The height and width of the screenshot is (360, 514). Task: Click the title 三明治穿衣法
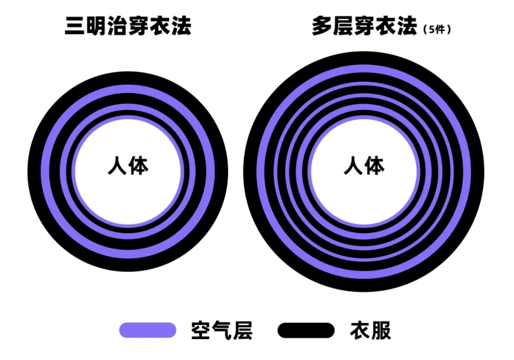pyautogui.click(x=128, y=26)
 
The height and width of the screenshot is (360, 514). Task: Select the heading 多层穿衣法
pyautogui.click(x=364, y=26)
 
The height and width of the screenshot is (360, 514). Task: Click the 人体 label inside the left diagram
pyautogui.click(x=128, y=165)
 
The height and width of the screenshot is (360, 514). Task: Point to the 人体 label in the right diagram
pyautogui.click(x=364, y=165)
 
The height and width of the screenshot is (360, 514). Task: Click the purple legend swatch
pyautogui.click(x=148, y=330)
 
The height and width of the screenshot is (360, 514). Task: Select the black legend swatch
pyautogui.click(x=305, y=330)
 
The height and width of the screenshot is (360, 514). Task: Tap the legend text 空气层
pyautogui.click(x=222, y=330)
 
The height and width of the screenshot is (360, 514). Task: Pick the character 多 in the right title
pyautogui.click(x=322, y=26)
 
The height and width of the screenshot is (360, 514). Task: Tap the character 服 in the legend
pyautogui.click(x=381, y=330)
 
